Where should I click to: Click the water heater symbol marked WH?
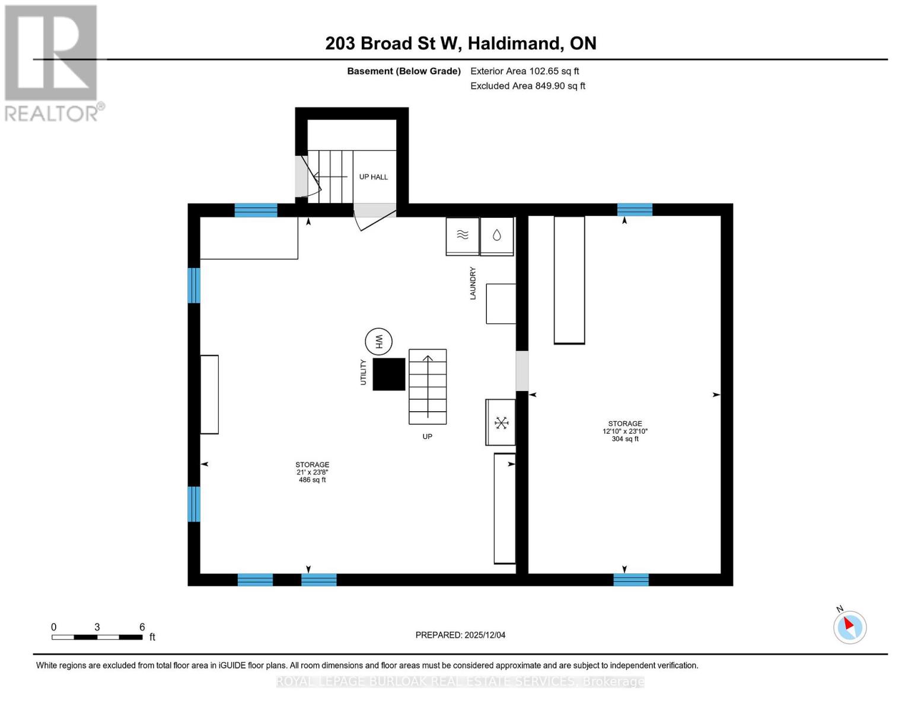(x=378, y=342)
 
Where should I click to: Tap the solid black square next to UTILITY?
(x=388, y=374)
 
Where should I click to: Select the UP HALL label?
(x=374, y=177)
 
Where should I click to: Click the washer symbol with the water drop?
(x=496, y=236)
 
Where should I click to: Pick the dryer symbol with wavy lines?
(x=463, y=236)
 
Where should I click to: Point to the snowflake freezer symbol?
(x=502, y=422)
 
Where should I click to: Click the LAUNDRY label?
(x=473, y=283)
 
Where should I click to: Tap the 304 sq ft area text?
(x=625, y=439)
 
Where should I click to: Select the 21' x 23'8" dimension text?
(x=312, y=472)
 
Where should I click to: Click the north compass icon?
(x=849, y=627)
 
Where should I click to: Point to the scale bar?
(x=97, y=637)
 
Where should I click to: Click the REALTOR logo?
(x=52, y=62)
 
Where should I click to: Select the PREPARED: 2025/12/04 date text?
(x=460, y=635)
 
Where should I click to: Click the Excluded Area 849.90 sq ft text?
(x=527, y=86)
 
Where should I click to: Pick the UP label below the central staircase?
(x=427, y=437)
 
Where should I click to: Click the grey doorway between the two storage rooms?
(x=522, y=371)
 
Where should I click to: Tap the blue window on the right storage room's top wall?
(x=635, y=209)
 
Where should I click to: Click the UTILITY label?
(x=363, y=373)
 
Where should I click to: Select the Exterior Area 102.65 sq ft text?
(x=524, y=71)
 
